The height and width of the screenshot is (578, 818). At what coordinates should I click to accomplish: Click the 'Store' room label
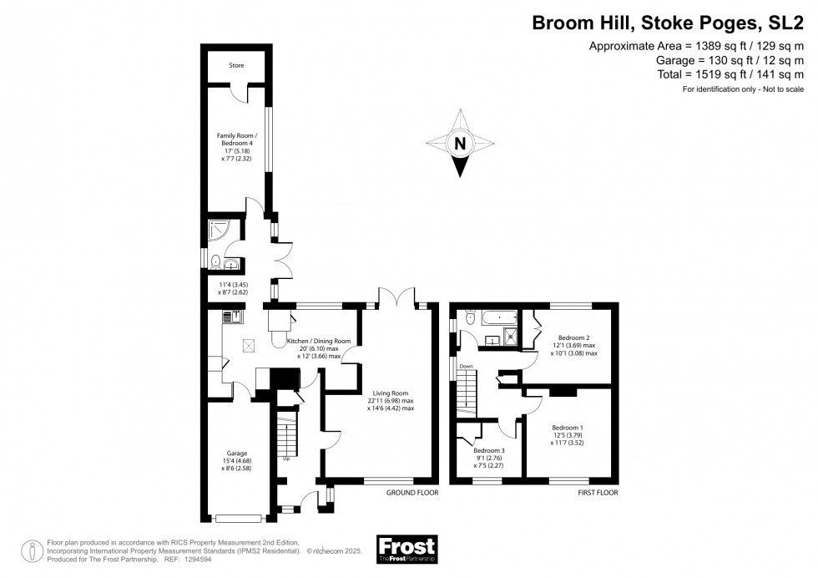(x=237, y=64)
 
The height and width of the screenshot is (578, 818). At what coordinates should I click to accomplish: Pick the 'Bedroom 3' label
(x=489, y=449)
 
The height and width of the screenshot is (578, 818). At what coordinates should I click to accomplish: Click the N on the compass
(x=458, y=144)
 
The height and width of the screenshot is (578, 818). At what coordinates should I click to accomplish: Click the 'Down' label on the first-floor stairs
(x=466, y=366)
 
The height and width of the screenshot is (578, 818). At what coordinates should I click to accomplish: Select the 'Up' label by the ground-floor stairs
(x=287, y=458)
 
